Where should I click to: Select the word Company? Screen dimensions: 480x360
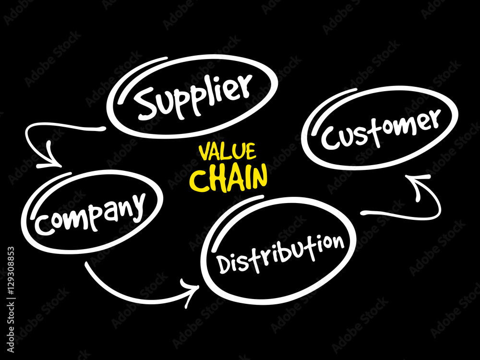tap(90, 212)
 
